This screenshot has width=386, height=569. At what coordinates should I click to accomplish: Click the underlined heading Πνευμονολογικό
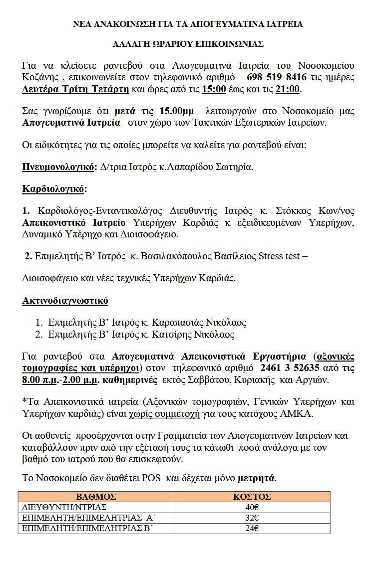pyautogui.click(x=58, y=167)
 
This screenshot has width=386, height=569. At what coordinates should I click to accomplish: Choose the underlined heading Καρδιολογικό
pyautogui.click(x=54, y=189)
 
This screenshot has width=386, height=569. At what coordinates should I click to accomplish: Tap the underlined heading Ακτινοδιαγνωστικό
pyautogui.click(x=65, y=301)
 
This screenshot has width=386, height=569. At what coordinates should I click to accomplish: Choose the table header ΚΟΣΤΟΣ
pyautogui.click(x=252, y=497)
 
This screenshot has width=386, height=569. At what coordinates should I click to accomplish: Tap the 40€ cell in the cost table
pyautogui.click(x=252, y=507)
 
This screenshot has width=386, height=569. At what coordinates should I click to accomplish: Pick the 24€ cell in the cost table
pyautogui.click(x=252, y=528)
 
